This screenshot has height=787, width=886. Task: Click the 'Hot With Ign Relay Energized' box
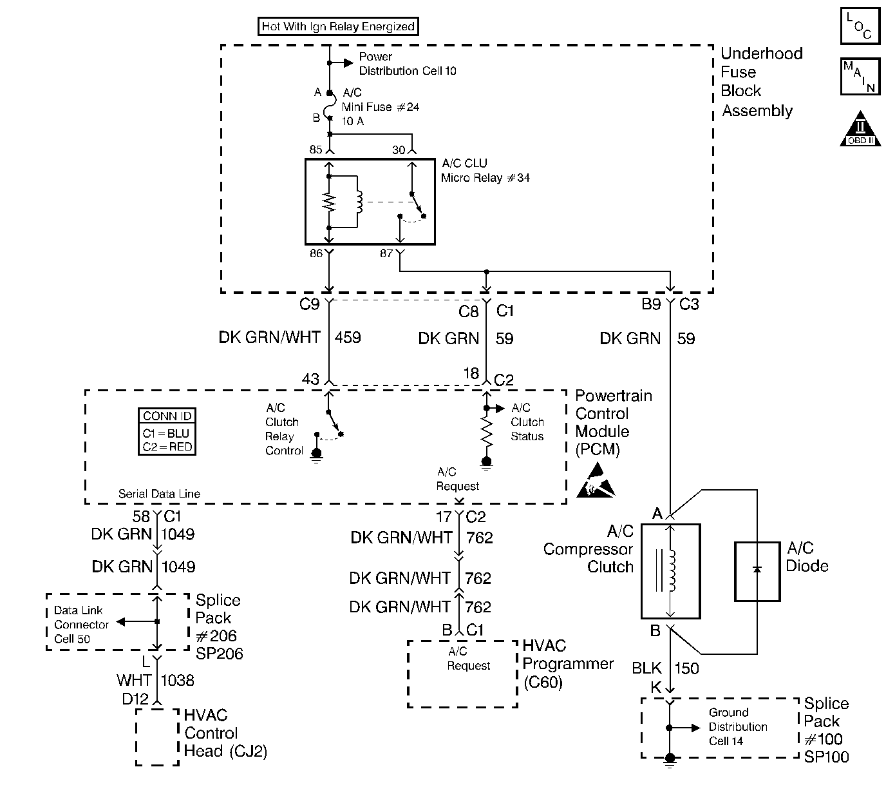338,26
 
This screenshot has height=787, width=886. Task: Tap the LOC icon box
860,26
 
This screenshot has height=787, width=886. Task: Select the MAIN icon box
860,77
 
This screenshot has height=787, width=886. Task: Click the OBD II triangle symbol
860,129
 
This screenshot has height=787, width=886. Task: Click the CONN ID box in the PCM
167,432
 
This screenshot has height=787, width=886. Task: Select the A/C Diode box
757,571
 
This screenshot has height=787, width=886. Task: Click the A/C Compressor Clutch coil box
670,571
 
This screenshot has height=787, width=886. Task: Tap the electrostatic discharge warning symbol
596,481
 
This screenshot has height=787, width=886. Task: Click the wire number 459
348,338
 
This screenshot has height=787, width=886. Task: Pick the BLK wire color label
646,668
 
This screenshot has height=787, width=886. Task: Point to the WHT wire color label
133,680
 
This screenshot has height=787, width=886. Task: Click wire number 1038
177,680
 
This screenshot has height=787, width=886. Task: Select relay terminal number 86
316,253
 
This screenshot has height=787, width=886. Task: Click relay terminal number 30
399,150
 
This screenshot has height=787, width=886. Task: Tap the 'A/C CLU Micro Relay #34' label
485,170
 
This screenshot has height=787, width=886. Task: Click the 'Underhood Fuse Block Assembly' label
761,82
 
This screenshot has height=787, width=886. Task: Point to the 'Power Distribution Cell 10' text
407,63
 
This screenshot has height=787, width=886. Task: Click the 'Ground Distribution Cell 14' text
738,726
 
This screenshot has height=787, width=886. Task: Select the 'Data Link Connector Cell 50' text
81,625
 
